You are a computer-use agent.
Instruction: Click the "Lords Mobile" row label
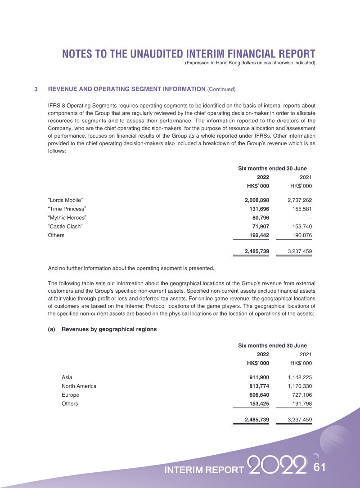pyautogui.click(x=65, y=200)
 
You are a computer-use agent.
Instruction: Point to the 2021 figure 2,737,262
pyautogui.click(x=297, y=200)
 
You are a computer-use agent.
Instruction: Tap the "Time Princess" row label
pyautogui.click(x=67, y=209)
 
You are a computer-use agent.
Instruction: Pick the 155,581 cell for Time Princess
pyautogui.click(x=299, y=209)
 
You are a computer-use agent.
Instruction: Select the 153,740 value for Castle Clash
pyautogui.click(x=299, y=226)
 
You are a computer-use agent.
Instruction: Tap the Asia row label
pyautogui.click(x=67, y=377)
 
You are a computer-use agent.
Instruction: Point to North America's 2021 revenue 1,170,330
pyautogui.click(x=297, y=386)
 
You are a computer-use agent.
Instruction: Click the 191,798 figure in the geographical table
pyautogui.click(x=299, y=403)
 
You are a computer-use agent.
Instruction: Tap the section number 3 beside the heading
pyautogui.click(x=36, y=89)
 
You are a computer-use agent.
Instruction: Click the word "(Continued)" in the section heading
pyautogui.click(x=221, y=89)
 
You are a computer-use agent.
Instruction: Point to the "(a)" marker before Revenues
pyautogui.click(x=51, y=329)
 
